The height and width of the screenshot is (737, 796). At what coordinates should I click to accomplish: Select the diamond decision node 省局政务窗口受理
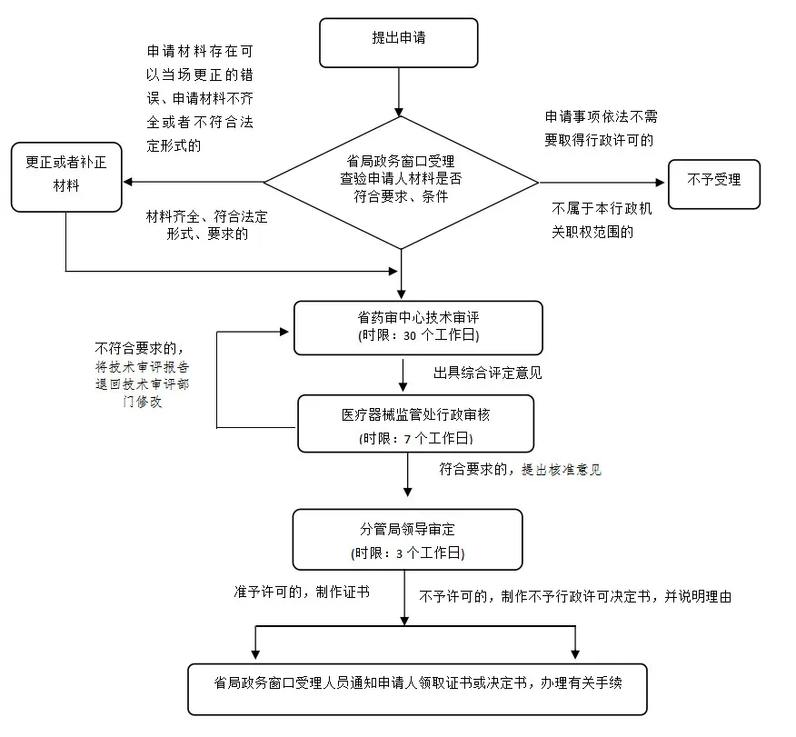coord(401,181)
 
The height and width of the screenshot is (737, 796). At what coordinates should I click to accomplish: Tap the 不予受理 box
coord(714,180)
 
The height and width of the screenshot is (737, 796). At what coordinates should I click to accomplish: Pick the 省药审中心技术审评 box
coord(418,327)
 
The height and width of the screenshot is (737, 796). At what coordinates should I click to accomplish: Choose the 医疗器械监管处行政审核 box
coord(415,424)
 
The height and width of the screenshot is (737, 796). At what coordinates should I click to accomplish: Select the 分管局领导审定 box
coord(407,538)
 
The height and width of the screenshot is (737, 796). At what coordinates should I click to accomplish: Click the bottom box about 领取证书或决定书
coord(418,689)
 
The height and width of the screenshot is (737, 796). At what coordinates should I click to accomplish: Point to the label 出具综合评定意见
coord(487,373)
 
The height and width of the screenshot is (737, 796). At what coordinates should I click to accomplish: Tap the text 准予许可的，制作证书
coord(301,592)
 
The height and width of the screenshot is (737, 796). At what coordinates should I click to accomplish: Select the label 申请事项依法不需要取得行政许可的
coord(599,128)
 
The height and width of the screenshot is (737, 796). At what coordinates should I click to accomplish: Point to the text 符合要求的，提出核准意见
coord(520,470)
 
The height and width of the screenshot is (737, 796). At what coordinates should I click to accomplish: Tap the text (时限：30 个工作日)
coord(418,335)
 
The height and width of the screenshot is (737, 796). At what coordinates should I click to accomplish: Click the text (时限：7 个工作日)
coord(415,437)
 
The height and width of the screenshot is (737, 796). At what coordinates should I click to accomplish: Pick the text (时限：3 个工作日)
coord(407,553)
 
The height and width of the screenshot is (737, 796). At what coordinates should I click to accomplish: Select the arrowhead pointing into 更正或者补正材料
coord(128,182)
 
